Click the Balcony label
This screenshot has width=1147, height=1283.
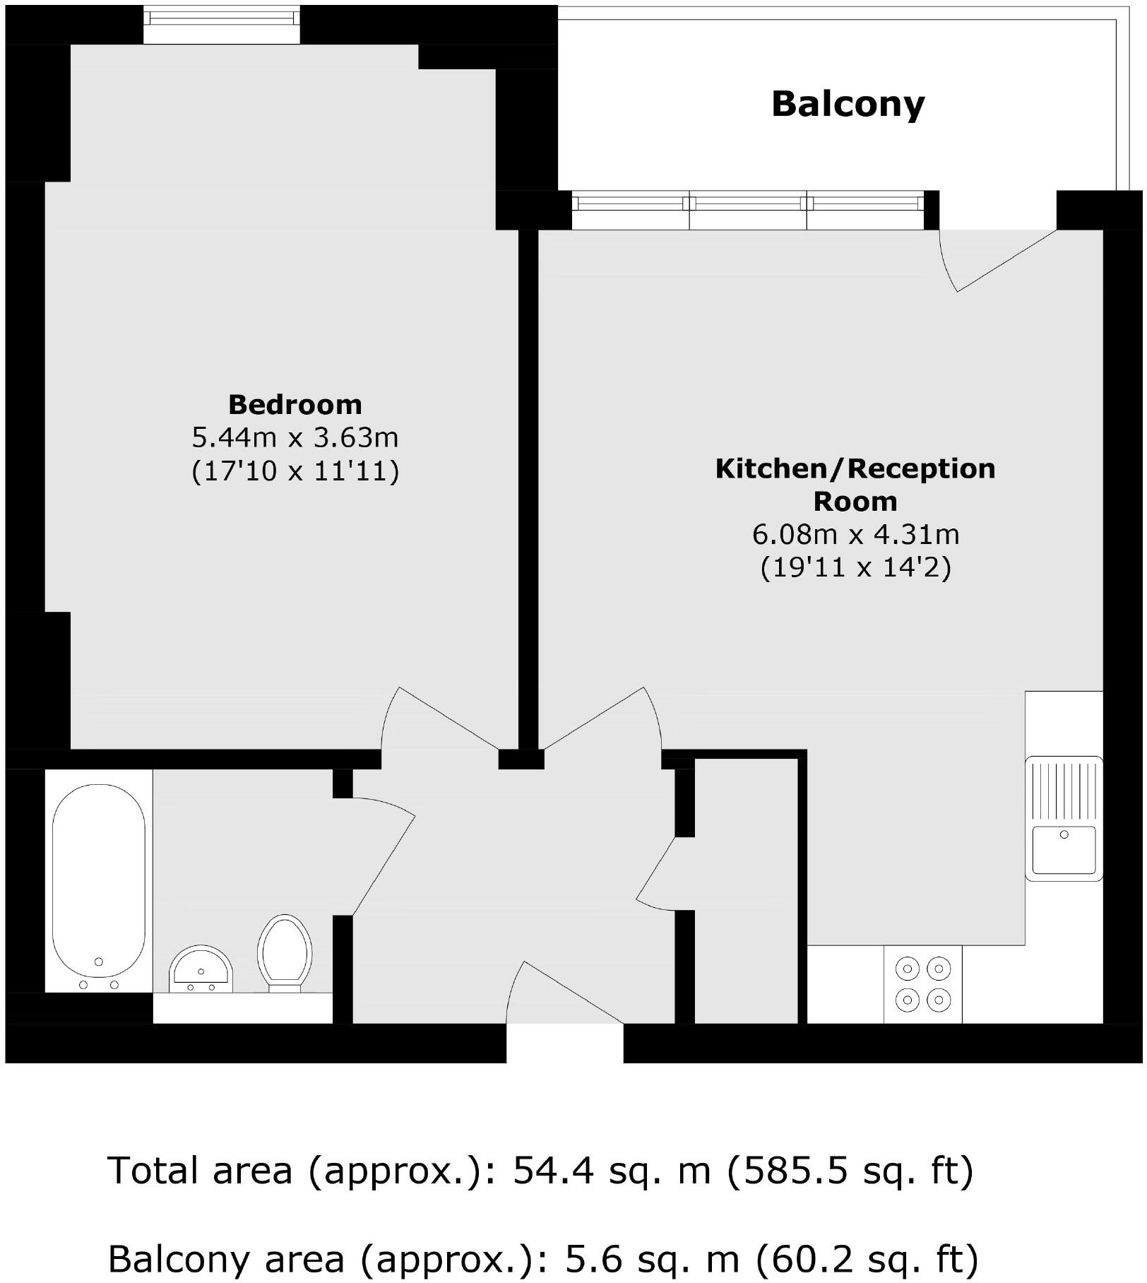pos(848,105)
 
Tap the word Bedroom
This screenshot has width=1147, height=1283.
pos(295,405)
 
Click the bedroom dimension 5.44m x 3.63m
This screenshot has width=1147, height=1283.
pos(295,438)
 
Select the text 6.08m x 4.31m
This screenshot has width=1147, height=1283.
pos(855,534)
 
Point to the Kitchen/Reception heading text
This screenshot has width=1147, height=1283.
pos(855,469)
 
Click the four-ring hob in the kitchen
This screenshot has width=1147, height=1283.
pos(922,984)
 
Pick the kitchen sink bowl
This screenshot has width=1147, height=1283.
pos(1064,851)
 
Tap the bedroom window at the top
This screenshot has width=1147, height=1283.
pos(222,23)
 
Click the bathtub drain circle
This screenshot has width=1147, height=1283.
pos(99,962)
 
